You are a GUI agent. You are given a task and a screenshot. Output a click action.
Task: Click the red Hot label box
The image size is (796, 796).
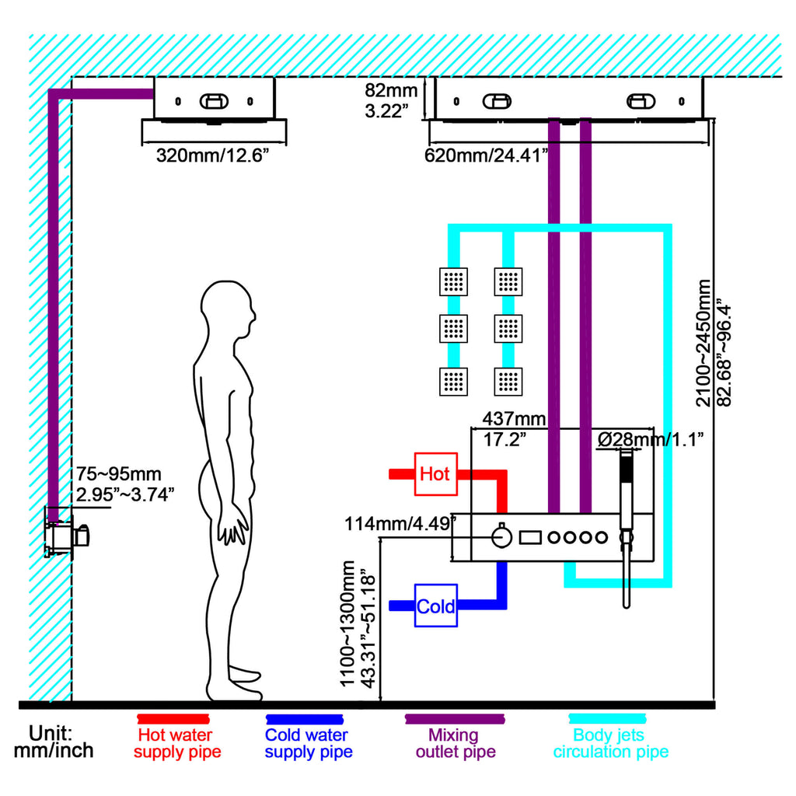pyautogui.click(x=435, y=473)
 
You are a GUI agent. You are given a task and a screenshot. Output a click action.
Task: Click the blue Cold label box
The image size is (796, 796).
pyautogui.click(x=435, y=605)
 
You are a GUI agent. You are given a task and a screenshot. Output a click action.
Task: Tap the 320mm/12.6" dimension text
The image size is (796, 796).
pyautogui.click(x=211, y=155)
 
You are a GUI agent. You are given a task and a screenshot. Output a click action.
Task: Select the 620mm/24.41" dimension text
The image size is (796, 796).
pyautogui.click(x=487, y=155)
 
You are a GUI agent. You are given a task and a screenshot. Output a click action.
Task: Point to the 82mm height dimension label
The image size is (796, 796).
pyautogui.click(x=391, y=100)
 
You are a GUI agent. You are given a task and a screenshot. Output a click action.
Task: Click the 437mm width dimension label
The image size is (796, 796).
pyautogui.click(x=514, y=429)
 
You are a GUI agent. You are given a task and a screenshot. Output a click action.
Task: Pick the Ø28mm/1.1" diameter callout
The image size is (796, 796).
pyautogui.click(x=651, y=439)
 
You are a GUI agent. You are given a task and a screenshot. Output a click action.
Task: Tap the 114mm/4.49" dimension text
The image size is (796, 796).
pyautogui.click(x=400, y=523)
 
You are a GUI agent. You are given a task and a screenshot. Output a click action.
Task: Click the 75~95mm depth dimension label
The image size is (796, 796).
pyautogui.click(x=125, y=484)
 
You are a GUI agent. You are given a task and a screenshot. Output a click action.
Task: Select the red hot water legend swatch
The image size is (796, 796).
pyautogui.click(x=173, y=719)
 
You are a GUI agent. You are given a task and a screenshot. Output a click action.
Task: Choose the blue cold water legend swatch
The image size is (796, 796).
pyautogui.click(x=305, y=719)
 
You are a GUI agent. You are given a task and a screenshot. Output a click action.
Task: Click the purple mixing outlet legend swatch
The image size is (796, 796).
pyautogui.click(x=455, y=719)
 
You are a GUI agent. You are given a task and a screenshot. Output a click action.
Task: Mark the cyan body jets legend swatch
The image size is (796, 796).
pyautogui.click(x=607, y=719)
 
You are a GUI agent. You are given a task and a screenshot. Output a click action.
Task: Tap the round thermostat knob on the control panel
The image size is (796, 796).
pyautogui.click(x=501, y=536)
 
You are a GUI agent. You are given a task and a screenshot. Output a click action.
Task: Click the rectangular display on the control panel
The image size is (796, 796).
pyautogui.click(x=530, y=537)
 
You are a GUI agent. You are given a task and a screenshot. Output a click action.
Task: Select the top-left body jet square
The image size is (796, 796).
pyautogui.click(x=453, y=281)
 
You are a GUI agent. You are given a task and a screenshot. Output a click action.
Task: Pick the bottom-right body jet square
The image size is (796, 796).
pyautogui.click(x=508, y=381)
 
